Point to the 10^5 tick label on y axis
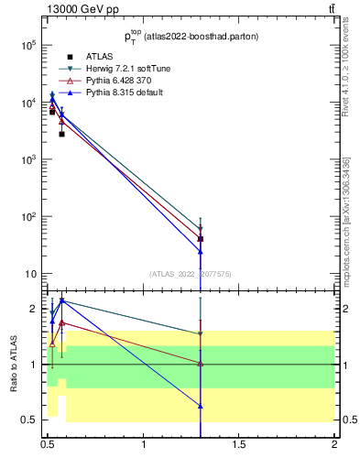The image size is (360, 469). click(x=27, y=45)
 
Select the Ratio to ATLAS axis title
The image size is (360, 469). click(x=13, y=365)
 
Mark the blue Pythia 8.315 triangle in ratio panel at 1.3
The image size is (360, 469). click(x=201, y=405)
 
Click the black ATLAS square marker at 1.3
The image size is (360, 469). click(x=201, y=239)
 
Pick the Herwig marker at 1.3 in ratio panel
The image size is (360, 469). click(x=201, y=334)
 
